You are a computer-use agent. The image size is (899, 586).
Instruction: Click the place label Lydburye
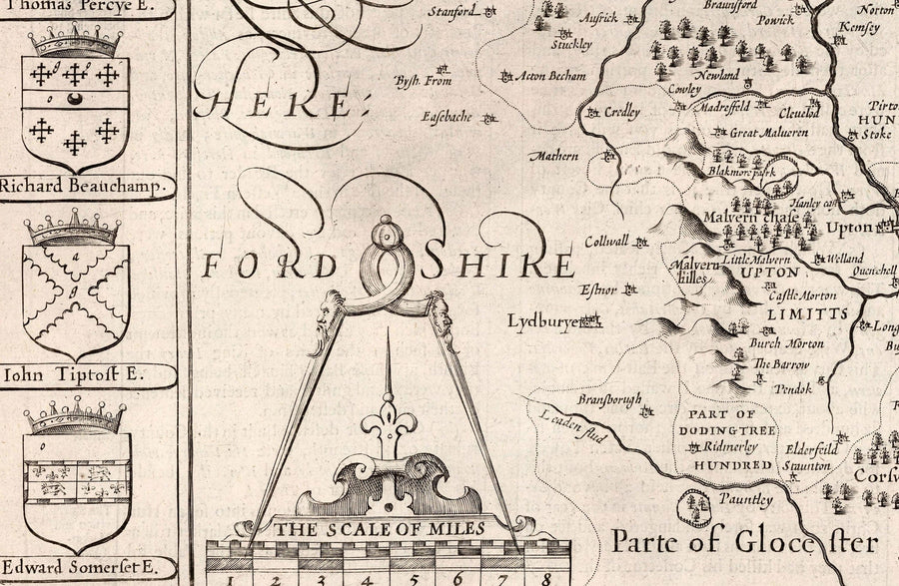542,321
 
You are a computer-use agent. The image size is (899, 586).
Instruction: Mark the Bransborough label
609,399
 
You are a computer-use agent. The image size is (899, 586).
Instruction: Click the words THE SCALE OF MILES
380,528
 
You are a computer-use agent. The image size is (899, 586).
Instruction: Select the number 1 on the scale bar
229,577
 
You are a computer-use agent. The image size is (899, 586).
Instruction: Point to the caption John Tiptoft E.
75,375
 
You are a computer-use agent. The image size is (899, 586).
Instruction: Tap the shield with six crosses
76,106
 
